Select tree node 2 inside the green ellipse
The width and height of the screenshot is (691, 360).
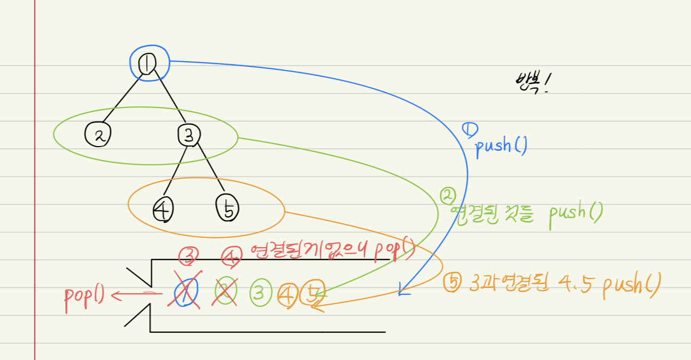[x=97, y=135]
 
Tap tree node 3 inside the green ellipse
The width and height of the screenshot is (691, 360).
[x=189, y=135]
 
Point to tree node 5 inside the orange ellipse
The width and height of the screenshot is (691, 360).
[x=228, y=209]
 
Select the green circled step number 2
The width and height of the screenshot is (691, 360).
[x=448, y=197]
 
